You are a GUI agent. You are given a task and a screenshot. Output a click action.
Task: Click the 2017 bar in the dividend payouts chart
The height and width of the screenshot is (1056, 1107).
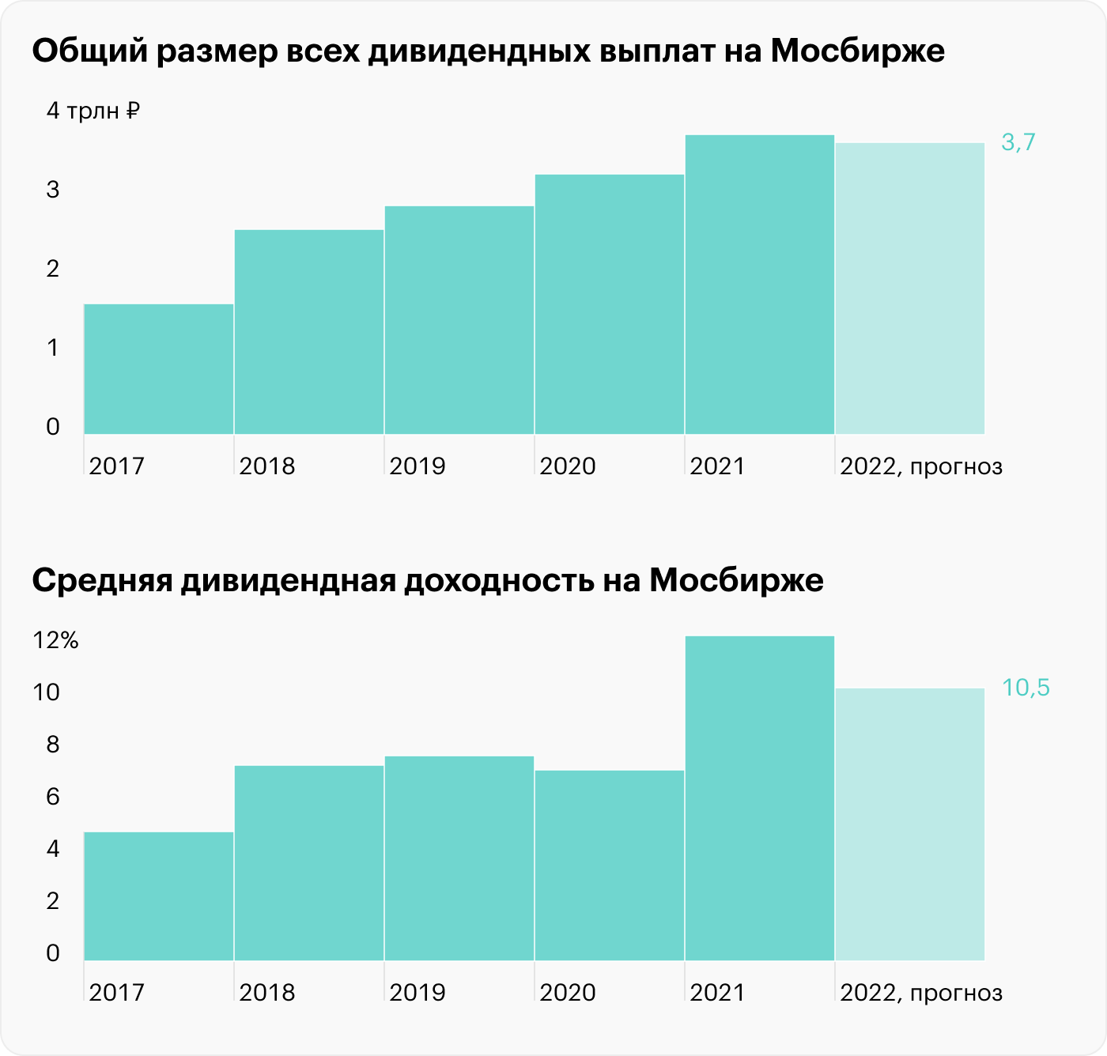point(158,369)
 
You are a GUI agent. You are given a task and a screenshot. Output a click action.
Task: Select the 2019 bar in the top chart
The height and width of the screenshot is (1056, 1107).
point(459,320)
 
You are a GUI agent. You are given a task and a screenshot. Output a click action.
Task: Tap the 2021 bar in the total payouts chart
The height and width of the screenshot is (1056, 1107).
point(759,285)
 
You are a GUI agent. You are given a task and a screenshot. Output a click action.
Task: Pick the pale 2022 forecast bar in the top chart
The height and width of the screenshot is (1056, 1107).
point(909,289)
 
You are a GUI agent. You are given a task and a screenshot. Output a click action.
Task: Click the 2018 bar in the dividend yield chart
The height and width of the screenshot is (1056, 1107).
point(308,863)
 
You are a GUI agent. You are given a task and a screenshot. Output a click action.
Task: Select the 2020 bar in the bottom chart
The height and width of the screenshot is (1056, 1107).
point(609,866)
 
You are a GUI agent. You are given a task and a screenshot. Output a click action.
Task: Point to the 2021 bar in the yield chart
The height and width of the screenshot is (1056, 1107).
point(759,798)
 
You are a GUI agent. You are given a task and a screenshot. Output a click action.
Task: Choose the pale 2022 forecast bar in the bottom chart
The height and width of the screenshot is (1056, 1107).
point(909,824)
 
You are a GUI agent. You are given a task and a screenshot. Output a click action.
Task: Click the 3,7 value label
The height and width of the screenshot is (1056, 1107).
point(1018,142)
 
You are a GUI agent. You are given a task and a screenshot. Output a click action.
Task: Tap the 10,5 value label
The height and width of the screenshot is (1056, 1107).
point(1026,688)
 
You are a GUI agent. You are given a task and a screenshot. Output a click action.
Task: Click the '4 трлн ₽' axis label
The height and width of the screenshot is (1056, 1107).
point(93,111)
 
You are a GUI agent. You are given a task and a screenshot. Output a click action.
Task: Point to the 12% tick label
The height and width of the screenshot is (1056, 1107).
point(55,640)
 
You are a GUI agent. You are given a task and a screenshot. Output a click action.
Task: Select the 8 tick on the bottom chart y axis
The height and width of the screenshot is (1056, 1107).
point(53,745)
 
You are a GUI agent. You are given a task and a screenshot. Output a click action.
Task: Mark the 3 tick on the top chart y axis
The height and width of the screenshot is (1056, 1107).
point(53,190)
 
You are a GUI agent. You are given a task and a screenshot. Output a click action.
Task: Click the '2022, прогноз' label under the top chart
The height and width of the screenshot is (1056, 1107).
point(921,466)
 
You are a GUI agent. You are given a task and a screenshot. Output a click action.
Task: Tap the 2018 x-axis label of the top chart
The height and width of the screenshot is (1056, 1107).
point(266,466)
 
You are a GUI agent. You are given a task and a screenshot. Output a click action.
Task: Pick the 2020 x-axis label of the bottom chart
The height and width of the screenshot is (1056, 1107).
point(567,993)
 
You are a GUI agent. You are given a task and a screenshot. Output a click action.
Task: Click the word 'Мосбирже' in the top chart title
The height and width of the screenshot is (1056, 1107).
point(857,51)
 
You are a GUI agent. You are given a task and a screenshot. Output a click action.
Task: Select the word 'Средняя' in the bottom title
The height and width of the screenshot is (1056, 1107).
point(102,581)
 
